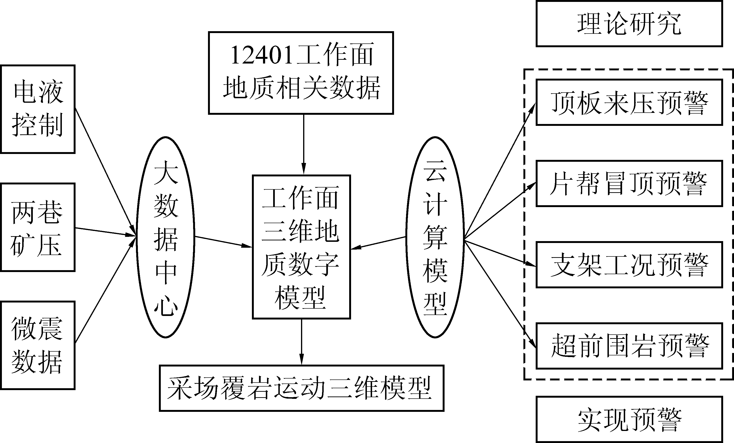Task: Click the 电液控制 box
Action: point(38,109)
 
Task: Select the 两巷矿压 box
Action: point(38,227)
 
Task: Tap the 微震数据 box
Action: point(38,345)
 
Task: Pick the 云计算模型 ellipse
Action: point(435,237)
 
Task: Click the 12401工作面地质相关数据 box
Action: point(301,73)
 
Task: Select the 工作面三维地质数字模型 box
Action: point(301,247)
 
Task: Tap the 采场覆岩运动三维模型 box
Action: point(301,388)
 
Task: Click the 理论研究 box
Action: point(629,24)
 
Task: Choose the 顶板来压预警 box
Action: point(629,102)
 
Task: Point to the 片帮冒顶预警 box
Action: point(629,183)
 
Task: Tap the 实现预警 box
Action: point(629,419)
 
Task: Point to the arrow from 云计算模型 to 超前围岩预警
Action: point(500,294)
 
